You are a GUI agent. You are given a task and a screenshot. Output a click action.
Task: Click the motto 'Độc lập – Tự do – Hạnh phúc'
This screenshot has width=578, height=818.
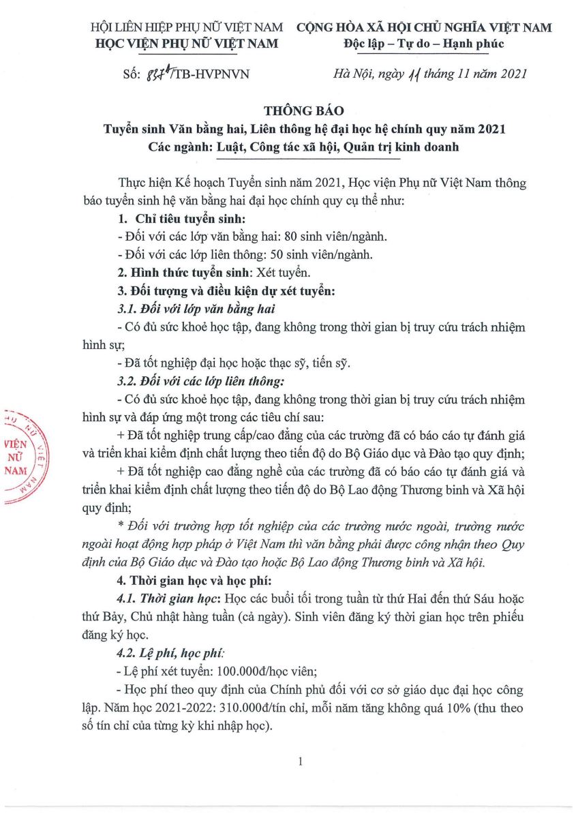[424, 44]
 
